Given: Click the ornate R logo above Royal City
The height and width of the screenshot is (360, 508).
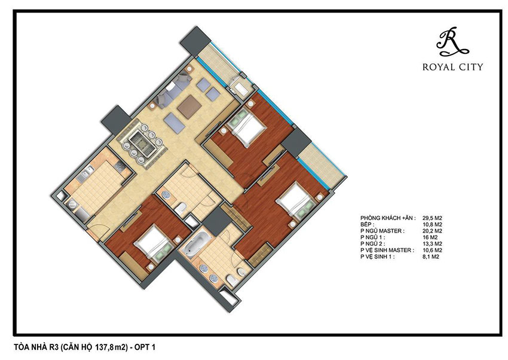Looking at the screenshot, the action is (452, 41).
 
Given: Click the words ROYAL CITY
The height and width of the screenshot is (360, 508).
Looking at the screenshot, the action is (452, 67).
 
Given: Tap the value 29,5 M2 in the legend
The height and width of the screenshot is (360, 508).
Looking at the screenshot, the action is (433, 218).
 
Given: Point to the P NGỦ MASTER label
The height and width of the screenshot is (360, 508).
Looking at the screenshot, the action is (382, 231).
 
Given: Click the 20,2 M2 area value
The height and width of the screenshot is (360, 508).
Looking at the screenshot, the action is (433, 231).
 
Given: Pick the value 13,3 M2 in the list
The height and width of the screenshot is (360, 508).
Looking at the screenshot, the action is (433, 243).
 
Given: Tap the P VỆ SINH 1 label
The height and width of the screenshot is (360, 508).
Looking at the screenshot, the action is (378, 257).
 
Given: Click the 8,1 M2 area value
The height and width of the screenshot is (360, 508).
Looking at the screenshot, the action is (431, 257).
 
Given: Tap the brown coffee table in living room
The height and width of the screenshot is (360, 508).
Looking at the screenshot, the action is (189, 106).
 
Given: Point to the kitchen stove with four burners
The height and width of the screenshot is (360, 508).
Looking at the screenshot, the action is (120, 166).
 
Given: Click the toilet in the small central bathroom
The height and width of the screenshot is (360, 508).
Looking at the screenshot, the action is (180, 208).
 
